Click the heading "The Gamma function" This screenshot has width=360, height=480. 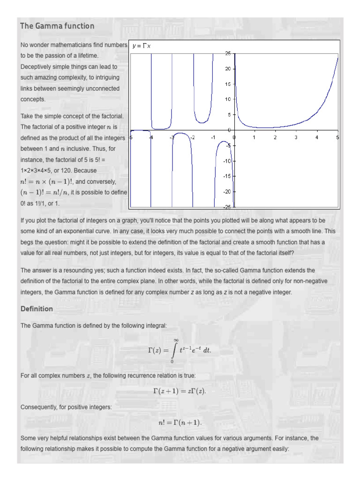click(57, 26)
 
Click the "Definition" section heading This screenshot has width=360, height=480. click(37, 309)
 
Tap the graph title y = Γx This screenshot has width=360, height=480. click(141, 45)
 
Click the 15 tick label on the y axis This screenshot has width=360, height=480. click(228, 84)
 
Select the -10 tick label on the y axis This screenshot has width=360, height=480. click(227, 161)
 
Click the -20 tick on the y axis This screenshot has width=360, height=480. click(227, 192)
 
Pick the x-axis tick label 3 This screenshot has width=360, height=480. click(296, 137)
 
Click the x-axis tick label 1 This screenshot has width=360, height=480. click(255, 137)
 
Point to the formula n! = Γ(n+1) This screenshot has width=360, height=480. click(180, 423)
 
